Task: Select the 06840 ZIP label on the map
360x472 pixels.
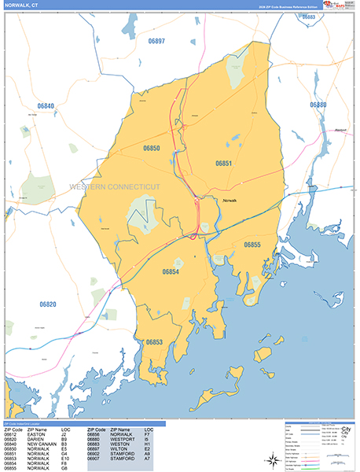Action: pyautogui.click(x=46, y=105)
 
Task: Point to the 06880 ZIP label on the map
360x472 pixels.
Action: pyautogui.click(x=318, y=105)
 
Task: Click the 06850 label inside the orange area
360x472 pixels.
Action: pyautogui.click(x=152, y=148)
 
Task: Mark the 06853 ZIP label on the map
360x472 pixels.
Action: pyautogui.click(x=153, y=341)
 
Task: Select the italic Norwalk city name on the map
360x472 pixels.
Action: pyautogui.click(x=230, y=201)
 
